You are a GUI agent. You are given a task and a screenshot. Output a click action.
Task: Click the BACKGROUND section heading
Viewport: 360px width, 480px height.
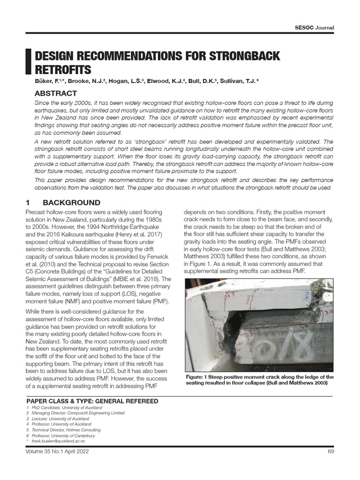pyautogui.click(x=71, y=202)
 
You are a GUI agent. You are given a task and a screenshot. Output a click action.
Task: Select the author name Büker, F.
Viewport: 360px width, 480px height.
pyautogui.click(x=48, y=82)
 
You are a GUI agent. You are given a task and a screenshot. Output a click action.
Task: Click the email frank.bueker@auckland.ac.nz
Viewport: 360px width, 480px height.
pyautogui.click(x=58, y=441)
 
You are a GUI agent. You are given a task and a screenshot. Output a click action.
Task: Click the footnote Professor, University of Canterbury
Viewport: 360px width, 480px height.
pyautogui.click(x=64, y=435)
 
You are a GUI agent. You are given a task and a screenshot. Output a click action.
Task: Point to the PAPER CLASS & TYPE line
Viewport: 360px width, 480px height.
pyautogui.click(x=92, y=401)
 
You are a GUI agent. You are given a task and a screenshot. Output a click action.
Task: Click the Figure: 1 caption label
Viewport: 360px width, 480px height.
pyautogui.click(x=199, y=377)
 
